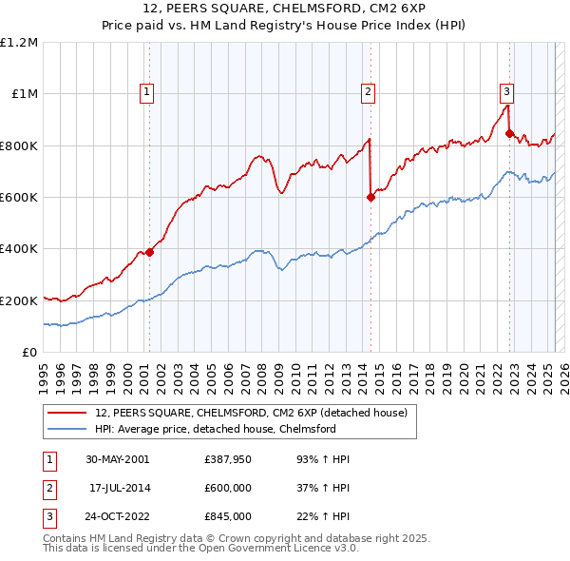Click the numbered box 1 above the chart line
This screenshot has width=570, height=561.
pyautogui.click(x=148, y=92)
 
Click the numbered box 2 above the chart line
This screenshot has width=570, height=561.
pyautogui.click(x=368, y=92)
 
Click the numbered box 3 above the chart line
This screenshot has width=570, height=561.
pyautogui.click(x=507, y=92)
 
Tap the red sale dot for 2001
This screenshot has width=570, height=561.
pyautogui.click(x=149, y=252)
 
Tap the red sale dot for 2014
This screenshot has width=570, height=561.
pyautogui.click(x=370, y=198)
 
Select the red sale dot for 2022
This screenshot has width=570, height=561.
pyautogui.click(x=510, y=134)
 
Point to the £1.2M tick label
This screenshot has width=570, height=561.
pyautogui.click(x=19, y=43)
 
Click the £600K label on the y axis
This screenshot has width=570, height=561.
pyautogui.click(x=19, y=198)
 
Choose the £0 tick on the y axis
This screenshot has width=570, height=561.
pyautogui.click(x=28, y=353)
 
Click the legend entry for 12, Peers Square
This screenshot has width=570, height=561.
pyautogui.click(x=251, y=413)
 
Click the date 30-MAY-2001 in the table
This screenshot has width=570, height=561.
pyautogui.click(x=117, y=459)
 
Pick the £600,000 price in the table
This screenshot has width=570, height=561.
pyautogui.click(x=228, y=488)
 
